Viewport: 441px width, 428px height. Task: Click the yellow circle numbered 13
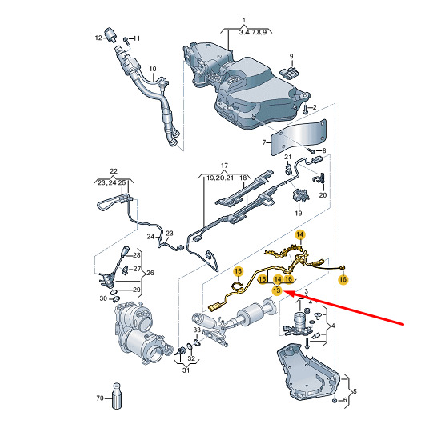coord(277,290)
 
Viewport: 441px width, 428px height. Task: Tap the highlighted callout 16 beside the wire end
coord(343,279)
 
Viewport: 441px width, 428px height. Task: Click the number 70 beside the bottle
coord(100,398)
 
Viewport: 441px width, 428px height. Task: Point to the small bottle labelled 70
coord(117,396)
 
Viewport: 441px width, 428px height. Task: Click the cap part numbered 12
coord(110,34)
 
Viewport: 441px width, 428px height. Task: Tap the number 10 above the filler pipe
coord(152,69)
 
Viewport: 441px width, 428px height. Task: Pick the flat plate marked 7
coord(298,138)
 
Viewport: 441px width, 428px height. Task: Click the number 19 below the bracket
coord(299,213)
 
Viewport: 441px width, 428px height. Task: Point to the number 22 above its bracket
coord(114,171)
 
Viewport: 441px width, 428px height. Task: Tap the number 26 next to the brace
coord(150,273)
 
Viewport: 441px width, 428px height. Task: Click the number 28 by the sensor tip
coord(137,255)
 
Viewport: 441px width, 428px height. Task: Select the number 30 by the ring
coord(103,298)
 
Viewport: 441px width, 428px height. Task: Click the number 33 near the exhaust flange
coord(197,330)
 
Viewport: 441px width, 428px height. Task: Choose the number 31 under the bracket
coord(186,370)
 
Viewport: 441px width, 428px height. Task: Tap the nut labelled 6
coord(335,401)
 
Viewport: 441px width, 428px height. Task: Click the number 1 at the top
coord(244,20)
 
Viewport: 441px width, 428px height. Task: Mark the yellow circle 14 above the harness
coord(300,234)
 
